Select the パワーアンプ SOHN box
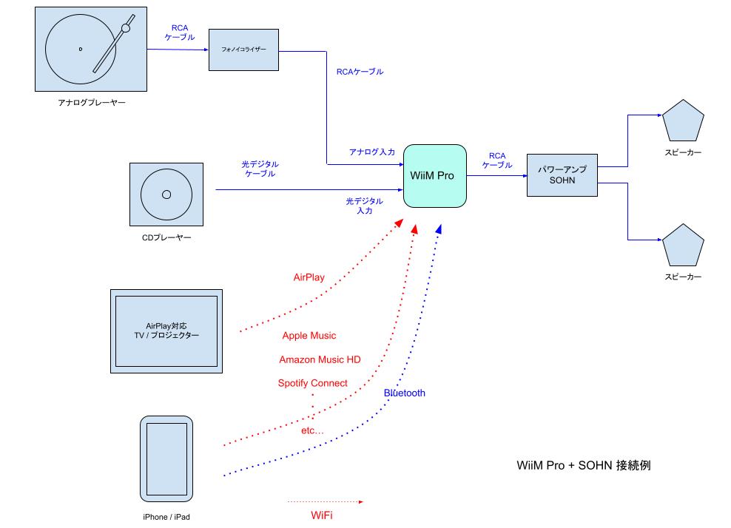pyautogui.click(x=562, y=175)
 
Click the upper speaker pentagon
pyautogui.click(x=682, y=123)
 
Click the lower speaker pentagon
pyautogui.click(x=682, y=246)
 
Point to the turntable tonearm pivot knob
pyautogui.click(x=126, y=28)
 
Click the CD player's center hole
pyautogui.click(x=166, y=194)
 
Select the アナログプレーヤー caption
pyautogui.click(x=92, y=103)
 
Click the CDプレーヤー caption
pyautogui.click(x=166, y=238)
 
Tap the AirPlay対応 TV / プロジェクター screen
pyautogui.click(x=166, y=331)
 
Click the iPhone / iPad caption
pyautogui.click(x=166, y=517)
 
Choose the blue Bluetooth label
pyautogui.click(x=405, y=393)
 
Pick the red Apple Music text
pyautogui.click(x=309, y=336)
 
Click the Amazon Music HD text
pyautogui.click(x=320, y=359)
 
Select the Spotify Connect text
pyautogui.click(x=312, y=383)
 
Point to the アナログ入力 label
pyautogui.click(x=372, y=152)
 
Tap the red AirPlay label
pyautogui.click(x=309, y=277)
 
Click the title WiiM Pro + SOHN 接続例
pyautogui.click(x=584, y=467)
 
